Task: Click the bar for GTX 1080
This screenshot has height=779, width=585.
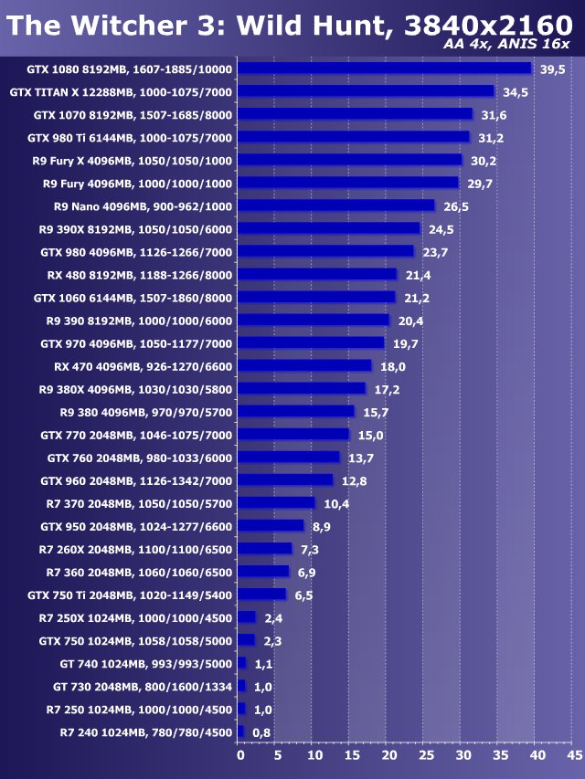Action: [x=384, y=68]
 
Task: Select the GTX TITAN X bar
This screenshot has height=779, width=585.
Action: [x=366, y=91]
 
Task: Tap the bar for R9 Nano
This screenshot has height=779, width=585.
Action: [x=335, y=205]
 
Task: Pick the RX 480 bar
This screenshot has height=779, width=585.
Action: [x=317, y=274]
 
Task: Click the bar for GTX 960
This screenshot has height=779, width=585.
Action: [x=285, y=479]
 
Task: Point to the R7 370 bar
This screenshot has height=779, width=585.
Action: [x=276, y=502]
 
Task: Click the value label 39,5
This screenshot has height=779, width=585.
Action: [x=552, y=69]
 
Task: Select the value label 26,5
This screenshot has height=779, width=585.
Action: [x=456, y=206]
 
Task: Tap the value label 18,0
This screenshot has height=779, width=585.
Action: [x=393, y=366]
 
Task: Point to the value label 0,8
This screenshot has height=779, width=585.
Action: [x=261, y=732]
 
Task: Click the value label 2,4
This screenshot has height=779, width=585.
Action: [x=272, y=618]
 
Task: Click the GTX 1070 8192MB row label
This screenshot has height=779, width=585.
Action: [x=133, y=115]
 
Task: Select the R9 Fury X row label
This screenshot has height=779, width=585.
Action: [x=133, y=161]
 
